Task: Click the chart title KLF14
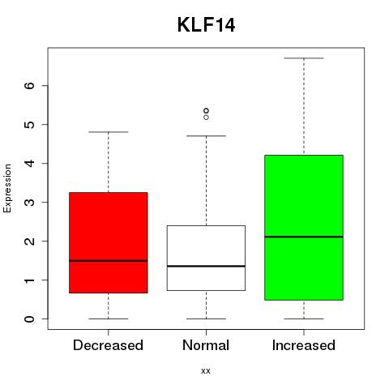(206, 25)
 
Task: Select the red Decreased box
(109, 242)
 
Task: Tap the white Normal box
(206, 258)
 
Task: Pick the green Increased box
(304, 228)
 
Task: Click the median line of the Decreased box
(109, 261)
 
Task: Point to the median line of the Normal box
(206, 266)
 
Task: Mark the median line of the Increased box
(304, 237)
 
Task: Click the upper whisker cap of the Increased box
(304, 58)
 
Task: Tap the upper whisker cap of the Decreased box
(109, 132)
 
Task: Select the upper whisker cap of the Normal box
(206, 136)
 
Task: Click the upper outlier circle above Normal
(206, 110)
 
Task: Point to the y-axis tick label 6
(30, 86)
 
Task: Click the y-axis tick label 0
(30, 319)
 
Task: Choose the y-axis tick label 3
(30, 203)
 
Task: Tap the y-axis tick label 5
(30, 125)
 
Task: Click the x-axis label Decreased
(108, 345)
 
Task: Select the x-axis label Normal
(206, 345)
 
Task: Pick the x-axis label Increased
(304, 345)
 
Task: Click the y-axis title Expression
(7, 188)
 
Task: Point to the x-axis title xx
(206, 371)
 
